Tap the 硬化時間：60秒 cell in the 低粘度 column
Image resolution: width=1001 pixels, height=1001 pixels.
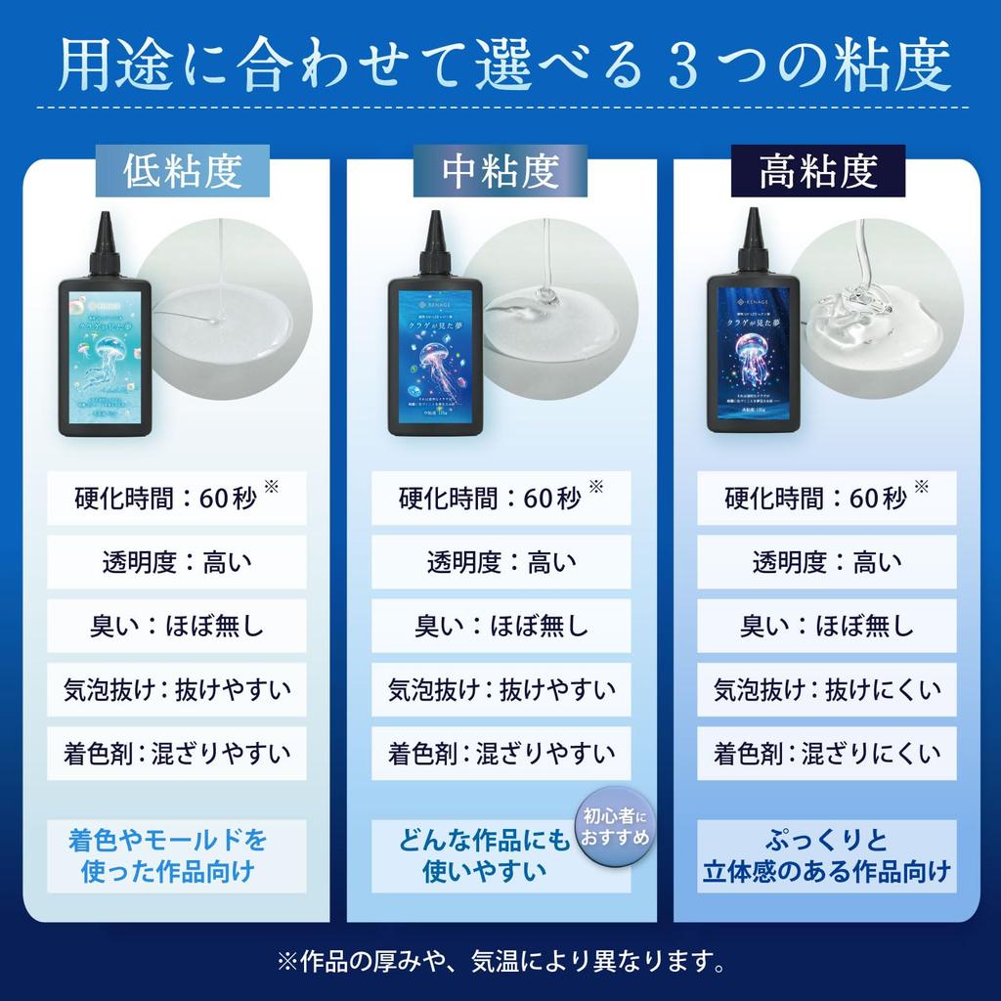pyautogui.click(x=176, y=499)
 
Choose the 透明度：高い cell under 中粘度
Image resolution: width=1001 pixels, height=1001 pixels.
pyautogui.click(x=500, y=562)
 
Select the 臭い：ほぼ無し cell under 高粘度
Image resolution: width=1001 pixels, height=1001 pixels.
pyautogui.click(x=826, y=626)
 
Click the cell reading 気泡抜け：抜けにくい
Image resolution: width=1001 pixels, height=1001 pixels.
pyautogui.click(x=826, y=690)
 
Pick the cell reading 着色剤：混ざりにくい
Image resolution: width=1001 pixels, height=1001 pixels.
pyautogui.click(x=826, y=754)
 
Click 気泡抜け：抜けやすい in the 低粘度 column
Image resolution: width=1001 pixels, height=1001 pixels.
pyautogui.click(x=176, y=690)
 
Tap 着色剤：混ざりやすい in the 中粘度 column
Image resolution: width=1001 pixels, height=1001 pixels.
pyautogui.click(x=500, y=754)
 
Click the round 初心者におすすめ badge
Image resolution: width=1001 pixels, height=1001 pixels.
pyautogui.click(x=614, y=827)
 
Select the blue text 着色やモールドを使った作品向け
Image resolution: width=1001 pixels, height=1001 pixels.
pyautogui.click(x=168, y=855)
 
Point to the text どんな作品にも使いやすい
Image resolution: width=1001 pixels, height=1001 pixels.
pyautogui.click(x=484, y=855)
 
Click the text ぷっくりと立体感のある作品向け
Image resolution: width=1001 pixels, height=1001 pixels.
pyautogui.click(x=826, y=855)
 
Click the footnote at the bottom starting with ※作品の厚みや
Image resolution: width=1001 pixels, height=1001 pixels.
pyautogui.click(x=500, y=962)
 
